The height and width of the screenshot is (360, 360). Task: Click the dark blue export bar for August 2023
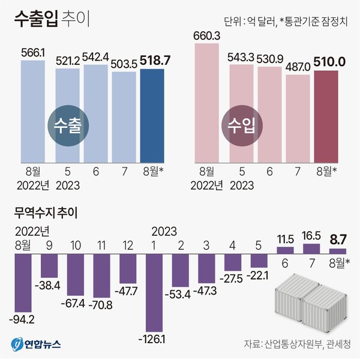point(152,114)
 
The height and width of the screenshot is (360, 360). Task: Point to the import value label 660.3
point(208,37)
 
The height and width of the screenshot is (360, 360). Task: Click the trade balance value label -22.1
point(259,275)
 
